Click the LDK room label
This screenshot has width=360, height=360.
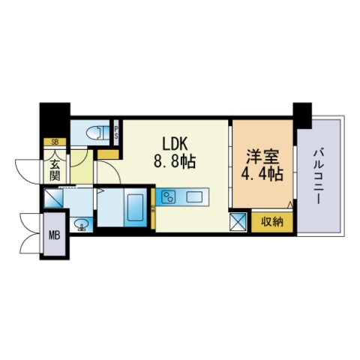pyautogui.click(x=175, y=145)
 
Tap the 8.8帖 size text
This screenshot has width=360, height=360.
pyautogui.click(x=175, y=162)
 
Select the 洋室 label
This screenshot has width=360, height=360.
pyautogui.click(x=262, y=157)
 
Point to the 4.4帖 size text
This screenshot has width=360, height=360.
pyautogui.click(x=262, y=174)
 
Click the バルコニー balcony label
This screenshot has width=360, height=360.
pyautogui.click(x=319, y=176)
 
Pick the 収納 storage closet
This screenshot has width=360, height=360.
pyautogui.click(x=272, y=222)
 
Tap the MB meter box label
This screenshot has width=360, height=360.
pyautogui.click(x=55, y=235)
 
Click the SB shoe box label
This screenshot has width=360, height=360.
pyautogui.click(x=55, y=142)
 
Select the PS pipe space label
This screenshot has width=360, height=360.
pyautogui.click(x=116, y=133)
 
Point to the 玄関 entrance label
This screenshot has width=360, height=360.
pyautogui.click(x=55, y=169)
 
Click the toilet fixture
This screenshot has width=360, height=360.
pyautogui.click(x=97, y=132)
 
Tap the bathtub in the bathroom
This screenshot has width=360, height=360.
pyautogui.click(x=135, y=208)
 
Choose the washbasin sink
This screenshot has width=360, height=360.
pyautogui.click(x=82, y=224)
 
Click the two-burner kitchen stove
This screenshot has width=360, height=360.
pyautogui.click(x=169, y=196)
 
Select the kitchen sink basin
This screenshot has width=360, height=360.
pyautogui.click(x=194, y=196)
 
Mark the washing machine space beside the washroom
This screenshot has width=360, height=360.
pyautogui.click(x=53, y=198)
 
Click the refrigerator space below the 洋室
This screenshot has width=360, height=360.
pyautogui.click(x=238, y=222)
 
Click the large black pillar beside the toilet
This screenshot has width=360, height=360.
pyautogui.click(x=55, y=120)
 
